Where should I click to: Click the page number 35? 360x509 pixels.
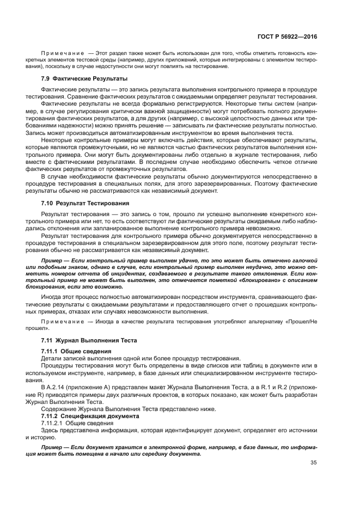(x=314, y=463)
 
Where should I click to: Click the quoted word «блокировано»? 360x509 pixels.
(x=255, y=280)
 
